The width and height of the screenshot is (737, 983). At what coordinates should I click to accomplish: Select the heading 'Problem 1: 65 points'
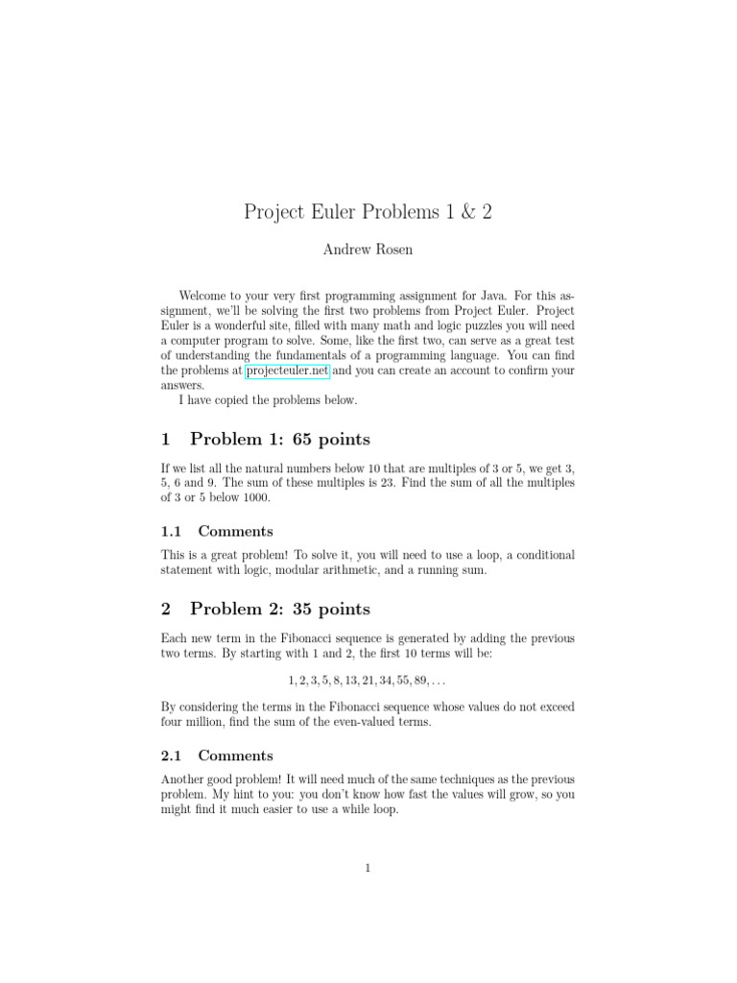click(x=279, y=440)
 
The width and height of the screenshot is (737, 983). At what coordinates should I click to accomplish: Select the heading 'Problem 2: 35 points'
click(x=279, y=609)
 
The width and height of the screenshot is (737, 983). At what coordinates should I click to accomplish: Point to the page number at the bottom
click(x=368, y=869)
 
